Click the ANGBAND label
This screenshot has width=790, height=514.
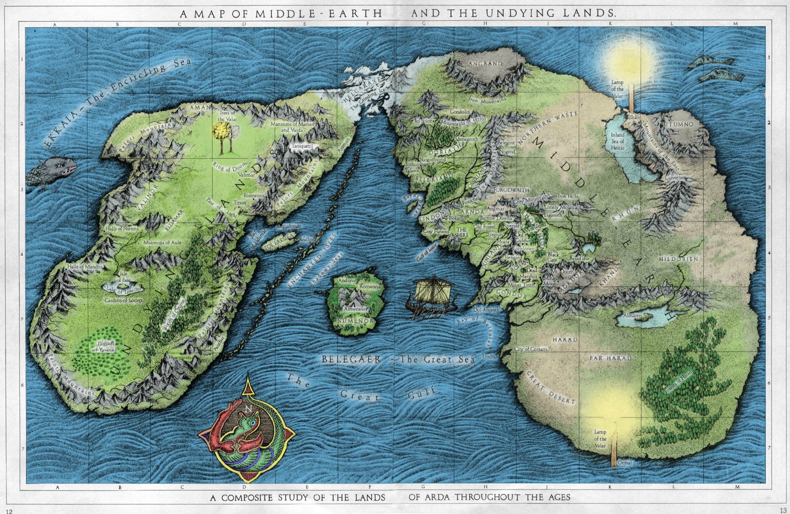485,63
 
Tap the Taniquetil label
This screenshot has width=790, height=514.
302,146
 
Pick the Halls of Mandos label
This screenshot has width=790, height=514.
85,267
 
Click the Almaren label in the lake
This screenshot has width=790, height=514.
632,315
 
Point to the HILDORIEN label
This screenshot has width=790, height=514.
678,259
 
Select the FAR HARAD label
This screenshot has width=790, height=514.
610,358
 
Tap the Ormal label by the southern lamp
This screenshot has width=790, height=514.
625,463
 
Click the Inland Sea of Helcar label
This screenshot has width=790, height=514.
617,141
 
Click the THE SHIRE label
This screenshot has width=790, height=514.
461,232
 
